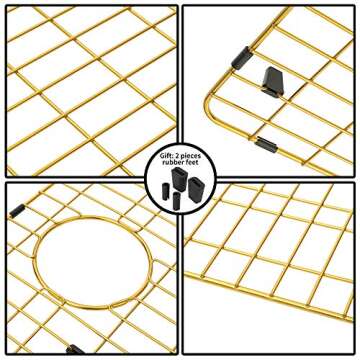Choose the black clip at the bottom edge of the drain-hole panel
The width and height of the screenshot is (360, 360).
click(x=74, y=350)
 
